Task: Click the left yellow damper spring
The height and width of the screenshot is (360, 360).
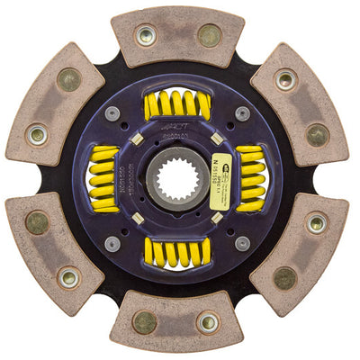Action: pyautogui.click(x=105, y=178)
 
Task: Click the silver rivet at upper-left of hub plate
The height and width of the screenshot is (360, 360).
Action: pyautogui.click(x=112, y=113)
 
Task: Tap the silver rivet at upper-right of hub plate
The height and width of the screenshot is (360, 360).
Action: pyautogui.click(x=242, y=113)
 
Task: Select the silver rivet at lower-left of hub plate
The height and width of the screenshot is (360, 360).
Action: pyautogui.click(x=112, y=243)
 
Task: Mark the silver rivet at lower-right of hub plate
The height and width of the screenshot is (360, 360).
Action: pyautogui.click(x=242, y=243)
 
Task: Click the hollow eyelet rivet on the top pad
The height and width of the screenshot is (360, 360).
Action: pyautogui.click(x=144, y=36)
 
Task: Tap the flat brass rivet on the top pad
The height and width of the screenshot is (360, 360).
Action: pyautogui.click(x=210, y=36)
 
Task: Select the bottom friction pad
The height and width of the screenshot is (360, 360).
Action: pyautogui.click(x=177, y=319)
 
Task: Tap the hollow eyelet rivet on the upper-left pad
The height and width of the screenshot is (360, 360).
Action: pyautogui.click(x=37, y=135)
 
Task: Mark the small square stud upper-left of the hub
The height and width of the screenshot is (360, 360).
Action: pyautogui.click(x=137, y=139)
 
